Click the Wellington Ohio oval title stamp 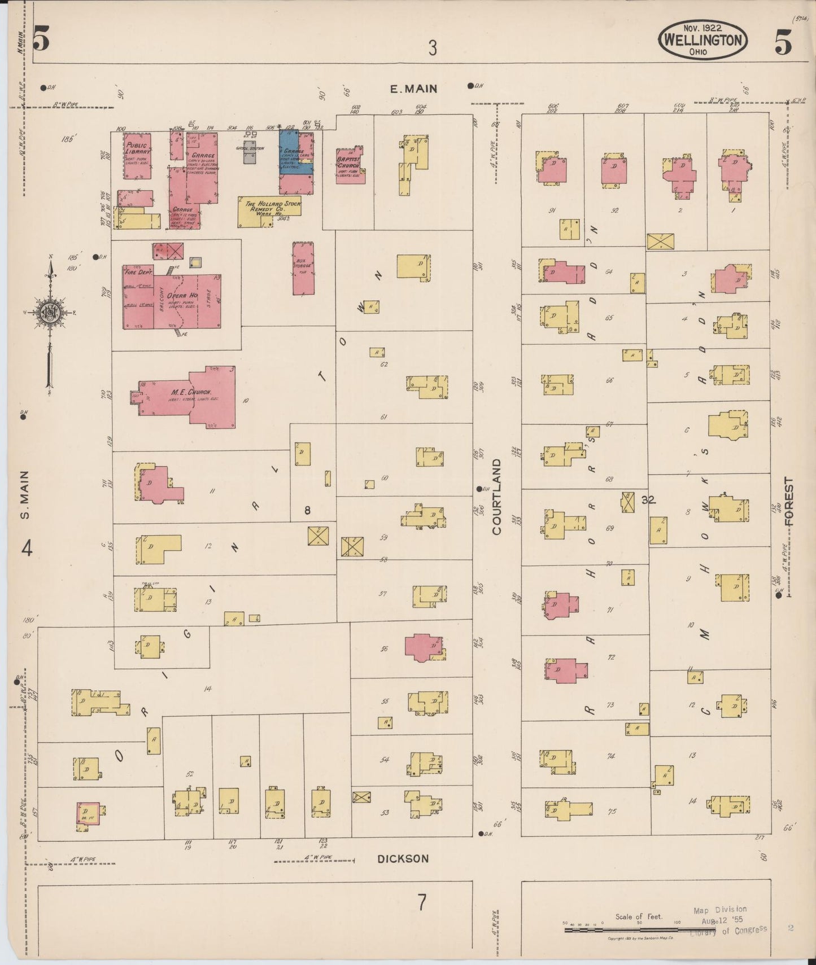(702, 40)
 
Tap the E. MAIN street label (414, 89)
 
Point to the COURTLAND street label (496, 496)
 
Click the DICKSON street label (403, 858)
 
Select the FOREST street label (788, 502)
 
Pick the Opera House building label (182, 296)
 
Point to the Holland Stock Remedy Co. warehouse (269, 211)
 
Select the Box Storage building (303, 268)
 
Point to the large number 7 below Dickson (422, 902)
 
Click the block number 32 (648, 499)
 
